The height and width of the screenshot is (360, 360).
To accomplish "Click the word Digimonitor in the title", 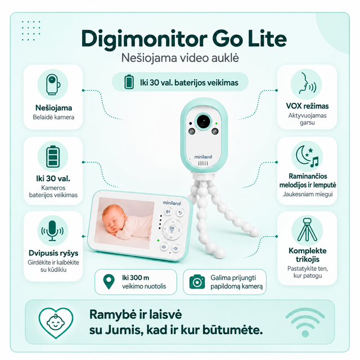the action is (x=144, y=39).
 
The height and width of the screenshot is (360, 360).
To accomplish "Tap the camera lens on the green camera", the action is (x=203, y=121).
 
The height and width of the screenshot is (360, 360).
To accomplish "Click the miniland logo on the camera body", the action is (x=203, y=157).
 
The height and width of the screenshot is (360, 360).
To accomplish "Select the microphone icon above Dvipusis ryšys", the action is (x=52, y=231).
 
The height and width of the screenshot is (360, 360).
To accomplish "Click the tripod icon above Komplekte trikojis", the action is (x=307, y=230).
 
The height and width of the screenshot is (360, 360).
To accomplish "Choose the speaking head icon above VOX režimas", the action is (x=307, y=84).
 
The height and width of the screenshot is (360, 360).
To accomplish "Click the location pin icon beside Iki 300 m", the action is (x=109, y=282).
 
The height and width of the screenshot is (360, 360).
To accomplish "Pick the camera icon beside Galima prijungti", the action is (x=197, y=282).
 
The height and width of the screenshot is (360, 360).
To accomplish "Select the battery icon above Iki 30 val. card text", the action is (x=53, y=156).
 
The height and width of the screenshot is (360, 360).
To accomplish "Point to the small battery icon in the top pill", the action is (x=129, y=82).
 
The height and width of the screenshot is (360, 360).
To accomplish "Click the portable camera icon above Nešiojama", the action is (x=53, y=84).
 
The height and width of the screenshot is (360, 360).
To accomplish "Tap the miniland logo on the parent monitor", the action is (x=172, y=203).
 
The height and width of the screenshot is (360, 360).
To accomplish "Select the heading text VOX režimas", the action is (x=307, y=106).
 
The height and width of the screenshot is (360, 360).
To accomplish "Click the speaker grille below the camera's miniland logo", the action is (x=203, y=163).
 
